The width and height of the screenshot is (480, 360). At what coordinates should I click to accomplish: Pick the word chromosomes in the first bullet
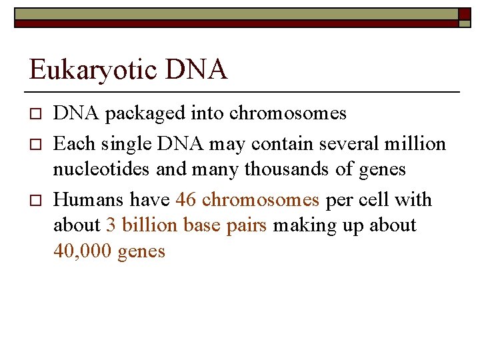pyautogui.click(x=288, y=114)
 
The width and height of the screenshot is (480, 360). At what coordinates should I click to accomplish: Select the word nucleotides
pyautogui.click(x=102, y=169)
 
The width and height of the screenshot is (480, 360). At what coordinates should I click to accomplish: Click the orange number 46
pyautogui.click(x=186, y=200)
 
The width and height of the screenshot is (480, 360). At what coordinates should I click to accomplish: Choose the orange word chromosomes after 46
pyautogui.click(x=261, y=200)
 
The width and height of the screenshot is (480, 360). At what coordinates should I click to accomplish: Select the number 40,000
pyautogui.click(x=82, y=252)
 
